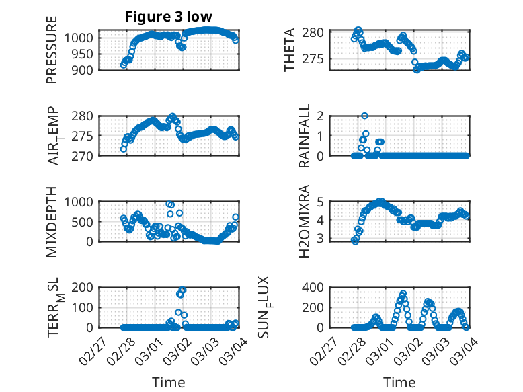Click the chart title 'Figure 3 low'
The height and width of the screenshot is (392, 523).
point(169,17)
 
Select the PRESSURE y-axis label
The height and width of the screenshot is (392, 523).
point(52,50)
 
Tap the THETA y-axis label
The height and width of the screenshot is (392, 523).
point(290,50)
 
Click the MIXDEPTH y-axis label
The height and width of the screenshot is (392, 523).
point(52,221)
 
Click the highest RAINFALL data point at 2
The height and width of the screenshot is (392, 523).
point(364,116)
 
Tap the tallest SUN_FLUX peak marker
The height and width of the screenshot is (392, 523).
point(403,294)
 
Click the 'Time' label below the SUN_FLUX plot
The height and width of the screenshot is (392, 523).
point(399,382)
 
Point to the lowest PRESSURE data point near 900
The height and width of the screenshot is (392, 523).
point(123,65)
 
